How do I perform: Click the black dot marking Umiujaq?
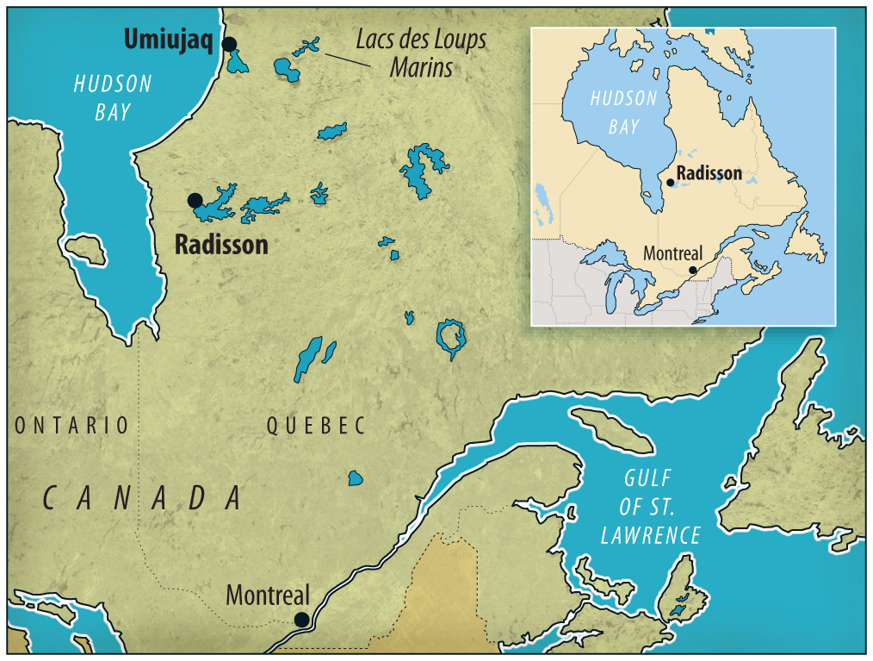pos(229,44)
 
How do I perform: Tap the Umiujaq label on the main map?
pos(168,40)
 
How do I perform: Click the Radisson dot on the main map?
pos(195,201)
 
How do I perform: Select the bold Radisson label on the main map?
pos(221,245)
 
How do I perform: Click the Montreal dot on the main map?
pos(301,619)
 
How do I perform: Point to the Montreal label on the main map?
pos(267,596)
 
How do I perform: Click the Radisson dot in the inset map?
pos(671,182)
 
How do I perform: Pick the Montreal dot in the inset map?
pos(693,270)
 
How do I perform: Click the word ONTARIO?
pos(71,425)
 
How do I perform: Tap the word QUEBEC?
pos(316,425)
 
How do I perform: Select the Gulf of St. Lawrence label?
pos(650,507)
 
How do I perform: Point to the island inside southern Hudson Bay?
pos(86,250)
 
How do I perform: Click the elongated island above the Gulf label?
pos(612,429)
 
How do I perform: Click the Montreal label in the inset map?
pos(673,254)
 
